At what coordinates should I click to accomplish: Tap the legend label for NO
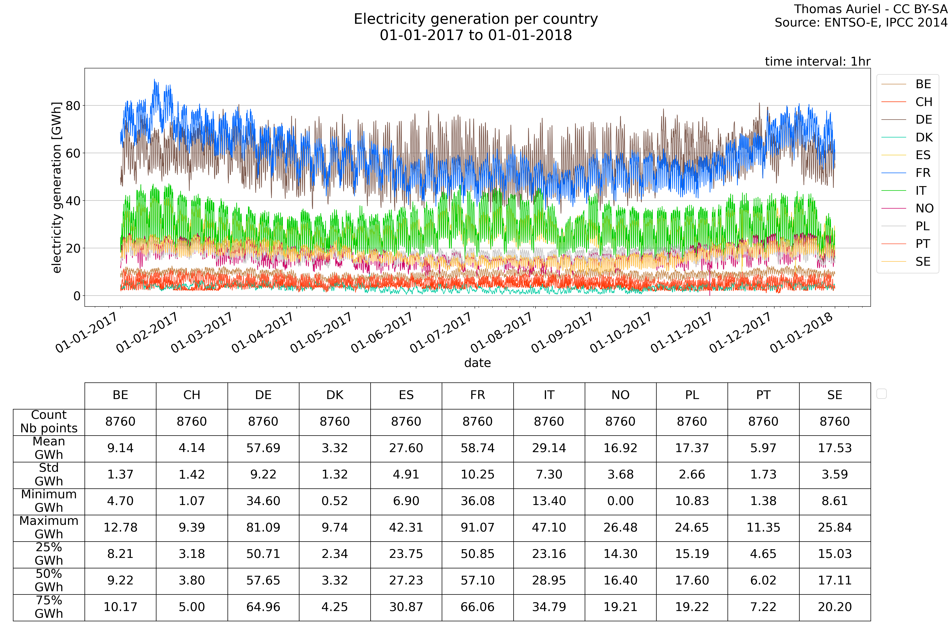coord(924,209)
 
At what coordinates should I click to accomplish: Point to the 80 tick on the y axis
coord(73,106)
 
